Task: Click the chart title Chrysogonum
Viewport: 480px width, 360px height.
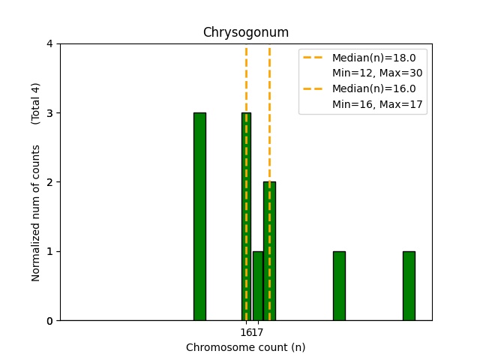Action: coord(245,33)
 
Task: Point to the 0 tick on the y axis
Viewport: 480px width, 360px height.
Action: coord(49,321)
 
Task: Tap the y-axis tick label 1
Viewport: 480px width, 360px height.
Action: coord(49,251)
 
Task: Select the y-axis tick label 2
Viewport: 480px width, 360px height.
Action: coord(49,182)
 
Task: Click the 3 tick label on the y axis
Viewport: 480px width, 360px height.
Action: coord(49,113)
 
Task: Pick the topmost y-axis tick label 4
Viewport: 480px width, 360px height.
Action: coord(49,44)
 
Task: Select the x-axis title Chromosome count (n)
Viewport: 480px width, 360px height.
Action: coord(245,347)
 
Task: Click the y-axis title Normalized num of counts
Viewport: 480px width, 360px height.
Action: coord(36,213)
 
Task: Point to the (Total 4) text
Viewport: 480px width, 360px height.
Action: coord(36,103)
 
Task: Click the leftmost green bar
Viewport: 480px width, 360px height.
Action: coord(199,217)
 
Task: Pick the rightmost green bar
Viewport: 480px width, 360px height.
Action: coord(409,286)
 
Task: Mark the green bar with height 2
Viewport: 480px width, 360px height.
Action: coord(270,251)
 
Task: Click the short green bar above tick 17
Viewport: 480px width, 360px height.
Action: coord(258,286)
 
